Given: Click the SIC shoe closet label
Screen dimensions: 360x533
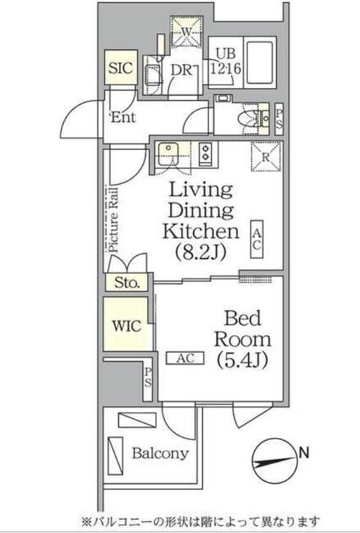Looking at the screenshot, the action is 121,68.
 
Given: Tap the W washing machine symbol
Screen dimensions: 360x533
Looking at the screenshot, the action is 186,31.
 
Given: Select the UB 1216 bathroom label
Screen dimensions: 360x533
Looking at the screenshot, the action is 226,62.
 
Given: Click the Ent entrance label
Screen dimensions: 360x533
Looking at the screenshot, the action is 123,117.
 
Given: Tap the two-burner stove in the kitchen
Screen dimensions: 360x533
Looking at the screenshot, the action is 205,152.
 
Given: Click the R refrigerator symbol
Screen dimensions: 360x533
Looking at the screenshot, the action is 266,157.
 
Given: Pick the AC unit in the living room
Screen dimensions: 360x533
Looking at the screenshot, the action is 257,239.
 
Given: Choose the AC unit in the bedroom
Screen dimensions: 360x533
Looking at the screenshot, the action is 185,358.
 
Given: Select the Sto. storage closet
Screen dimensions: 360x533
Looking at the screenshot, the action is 127,282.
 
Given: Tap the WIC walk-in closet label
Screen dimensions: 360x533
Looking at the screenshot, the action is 127,326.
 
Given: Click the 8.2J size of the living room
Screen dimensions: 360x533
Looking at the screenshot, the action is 200,252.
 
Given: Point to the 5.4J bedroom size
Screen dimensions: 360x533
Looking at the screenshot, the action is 242,360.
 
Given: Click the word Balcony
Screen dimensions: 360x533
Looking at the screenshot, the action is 160,453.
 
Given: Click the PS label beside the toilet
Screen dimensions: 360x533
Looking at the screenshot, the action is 279,119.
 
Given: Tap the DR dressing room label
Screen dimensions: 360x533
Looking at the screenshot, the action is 181,70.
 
